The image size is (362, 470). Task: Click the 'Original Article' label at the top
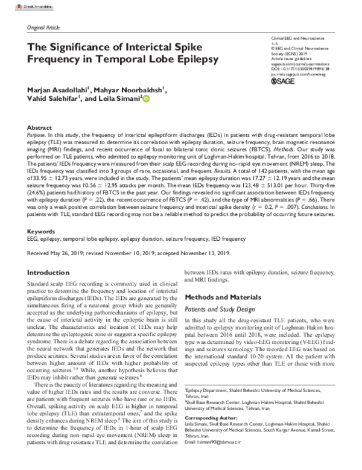coord(43,28)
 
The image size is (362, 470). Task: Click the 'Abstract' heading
coord(39,129)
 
